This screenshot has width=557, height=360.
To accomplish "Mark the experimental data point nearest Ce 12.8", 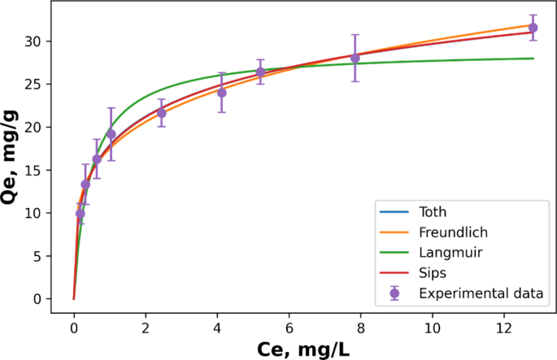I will [533, 28].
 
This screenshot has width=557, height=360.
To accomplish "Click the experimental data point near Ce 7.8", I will [355, 58].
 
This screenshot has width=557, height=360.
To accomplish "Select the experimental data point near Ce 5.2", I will [261, 72].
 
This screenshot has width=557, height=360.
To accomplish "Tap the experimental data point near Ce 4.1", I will [221, 93].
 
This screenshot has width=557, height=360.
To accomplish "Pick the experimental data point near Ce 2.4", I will [161, 113].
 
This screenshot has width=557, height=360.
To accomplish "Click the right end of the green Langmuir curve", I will [533, 59].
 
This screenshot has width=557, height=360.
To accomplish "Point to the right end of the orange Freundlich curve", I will [533, 24].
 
